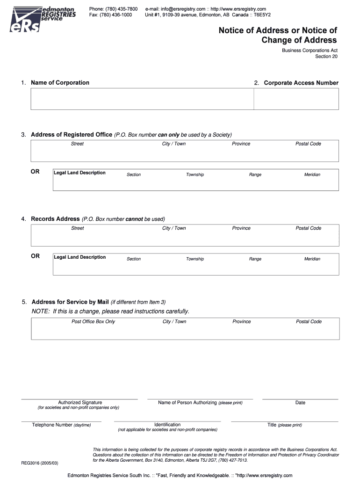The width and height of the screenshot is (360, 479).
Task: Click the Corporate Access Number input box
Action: (296, 99)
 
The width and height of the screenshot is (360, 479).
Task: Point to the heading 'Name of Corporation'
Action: (60, 83)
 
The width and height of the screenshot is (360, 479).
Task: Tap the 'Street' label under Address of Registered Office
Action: (77, 144)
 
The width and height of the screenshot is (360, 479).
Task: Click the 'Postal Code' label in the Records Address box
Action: (308, 228)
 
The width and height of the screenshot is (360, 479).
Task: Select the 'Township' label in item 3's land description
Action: (195, 174)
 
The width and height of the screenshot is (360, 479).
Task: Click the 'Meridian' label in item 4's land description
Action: (312, 259)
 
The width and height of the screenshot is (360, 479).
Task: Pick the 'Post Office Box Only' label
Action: (93, 322)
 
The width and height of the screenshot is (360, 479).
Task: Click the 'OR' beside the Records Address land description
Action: (36, 256)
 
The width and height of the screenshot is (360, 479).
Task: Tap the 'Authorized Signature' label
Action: (80, 403)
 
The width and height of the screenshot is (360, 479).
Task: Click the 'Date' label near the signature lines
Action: (300, 403)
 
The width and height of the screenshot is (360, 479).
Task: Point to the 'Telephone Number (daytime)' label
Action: (61, 425)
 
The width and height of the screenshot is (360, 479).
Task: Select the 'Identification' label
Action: (167, 425)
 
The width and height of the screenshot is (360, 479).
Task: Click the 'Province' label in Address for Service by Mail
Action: (242, 322)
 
